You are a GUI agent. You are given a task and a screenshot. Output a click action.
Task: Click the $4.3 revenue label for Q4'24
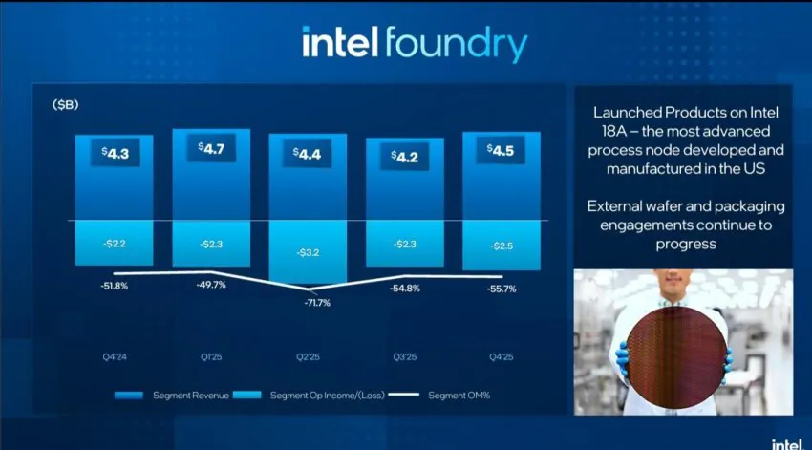(114, 151)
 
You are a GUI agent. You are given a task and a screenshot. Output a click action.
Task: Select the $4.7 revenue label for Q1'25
(211, 147)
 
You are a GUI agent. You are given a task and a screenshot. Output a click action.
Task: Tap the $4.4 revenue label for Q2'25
(308, 153)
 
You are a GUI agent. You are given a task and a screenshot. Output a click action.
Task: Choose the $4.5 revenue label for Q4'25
(501, 149)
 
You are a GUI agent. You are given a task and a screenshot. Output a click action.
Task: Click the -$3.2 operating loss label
(308, 253)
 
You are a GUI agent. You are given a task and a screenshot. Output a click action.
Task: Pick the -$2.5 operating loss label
(501, 246)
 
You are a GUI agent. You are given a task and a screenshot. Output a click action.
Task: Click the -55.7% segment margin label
(501, 289)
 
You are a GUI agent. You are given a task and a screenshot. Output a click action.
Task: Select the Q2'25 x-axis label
(308, 356)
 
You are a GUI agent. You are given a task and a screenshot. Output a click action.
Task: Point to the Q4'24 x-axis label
(114, 356)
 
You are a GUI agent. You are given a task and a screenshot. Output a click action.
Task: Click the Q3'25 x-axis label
(405, 356)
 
